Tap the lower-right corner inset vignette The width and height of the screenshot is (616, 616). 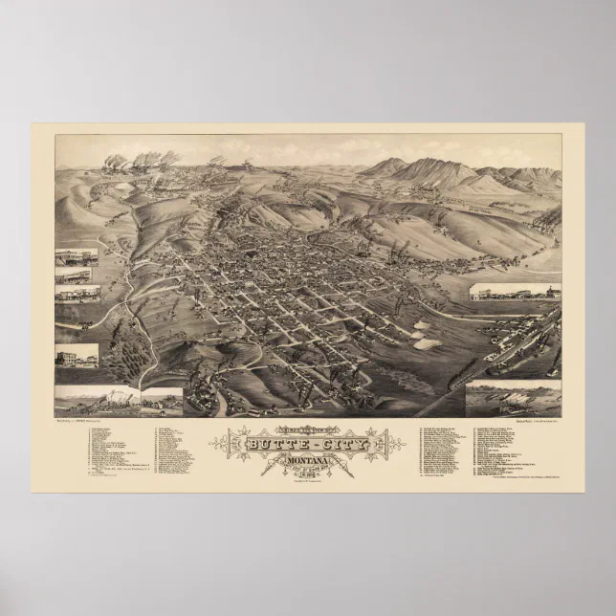[x=514, y=397]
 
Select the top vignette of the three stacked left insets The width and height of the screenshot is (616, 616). [x=77, y=255]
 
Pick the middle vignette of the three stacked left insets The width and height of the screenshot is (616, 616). [x=77, y=275]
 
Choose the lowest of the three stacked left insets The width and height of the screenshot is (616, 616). [x=77, y=293]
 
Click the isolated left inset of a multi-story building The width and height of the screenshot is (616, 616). [x=77, y=355]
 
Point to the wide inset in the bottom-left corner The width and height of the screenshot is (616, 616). [x=97, y=400]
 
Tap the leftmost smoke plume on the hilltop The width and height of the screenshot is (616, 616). [x=114, y=162]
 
